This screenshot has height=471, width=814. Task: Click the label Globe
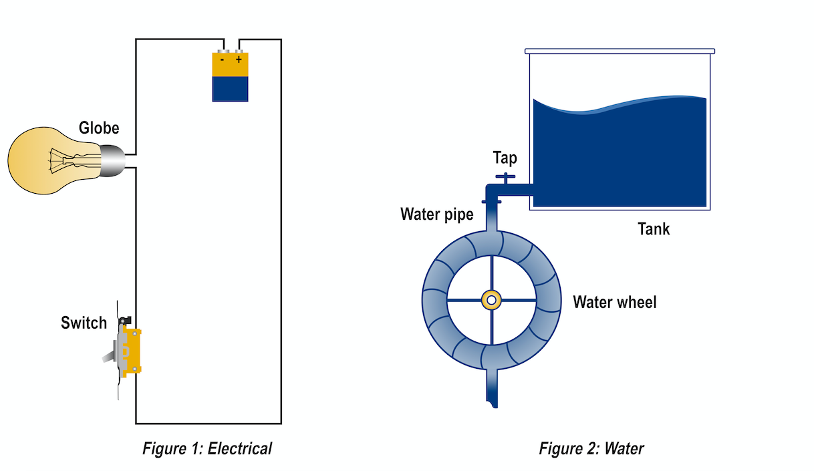pyautogui.click(x=99, y=128)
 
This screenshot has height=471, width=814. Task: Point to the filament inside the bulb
pyautogui.click(x=74, y=160)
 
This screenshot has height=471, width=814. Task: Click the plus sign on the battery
pyautogui.click(x=239, y=59)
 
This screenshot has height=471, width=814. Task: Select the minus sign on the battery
pyautogui.click(x=222, y=59)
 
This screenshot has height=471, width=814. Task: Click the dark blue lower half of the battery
pyautogui.click(x=231, y=89)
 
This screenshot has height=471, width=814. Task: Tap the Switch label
pyautogui.click(x=84, y=323)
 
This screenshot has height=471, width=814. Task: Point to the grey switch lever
pyautogui.click(x=109, y=356)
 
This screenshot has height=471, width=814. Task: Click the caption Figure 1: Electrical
pyautogui.click(x=207, y=449)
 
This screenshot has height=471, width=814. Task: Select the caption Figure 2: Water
pyautogui.click(x=591, y=449)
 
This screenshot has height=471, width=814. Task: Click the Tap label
pyautogui.click(x=505, y=158)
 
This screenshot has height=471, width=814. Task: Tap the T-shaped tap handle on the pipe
pyautogui.click(x=505, y=178)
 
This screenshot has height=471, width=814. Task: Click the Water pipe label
pyautogui.click(x=437, y=214)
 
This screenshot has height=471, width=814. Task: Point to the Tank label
pyautogui.click(x=654, y=229)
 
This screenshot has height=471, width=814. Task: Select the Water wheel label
pyautogui.click(x=615, y=302)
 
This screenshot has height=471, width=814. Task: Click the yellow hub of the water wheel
pyautogui.click(x=491, y=301)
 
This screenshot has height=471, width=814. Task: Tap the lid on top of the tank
pyautogui.click(x=620, y=51)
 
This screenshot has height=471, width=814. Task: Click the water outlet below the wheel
pyautogui.click(x=492, y=389)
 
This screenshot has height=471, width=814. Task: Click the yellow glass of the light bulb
pyautogui.click(x=40, y=160)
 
